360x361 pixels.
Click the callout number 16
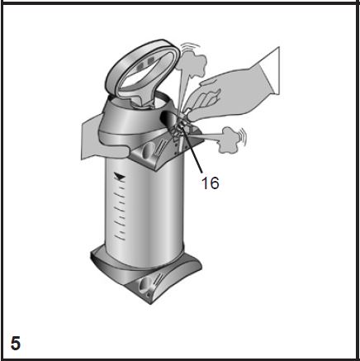[x=211, y=183]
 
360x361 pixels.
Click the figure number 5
[x=16, y=343]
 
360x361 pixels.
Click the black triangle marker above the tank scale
[x=119, y=176]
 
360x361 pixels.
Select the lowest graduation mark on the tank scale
[x=120, y=237]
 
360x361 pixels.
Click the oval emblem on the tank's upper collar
[x=149, y=150]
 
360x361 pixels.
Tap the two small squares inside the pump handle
[x=145, y=63]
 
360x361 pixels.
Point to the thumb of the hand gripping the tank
[x=113, y=151]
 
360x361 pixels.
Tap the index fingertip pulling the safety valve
[x=191, y=116]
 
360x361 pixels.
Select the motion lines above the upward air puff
[x=189, y=47]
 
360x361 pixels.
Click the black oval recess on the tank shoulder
[x=170, y=119]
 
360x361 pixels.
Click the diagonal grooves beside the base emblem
[x=158, y=281]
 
